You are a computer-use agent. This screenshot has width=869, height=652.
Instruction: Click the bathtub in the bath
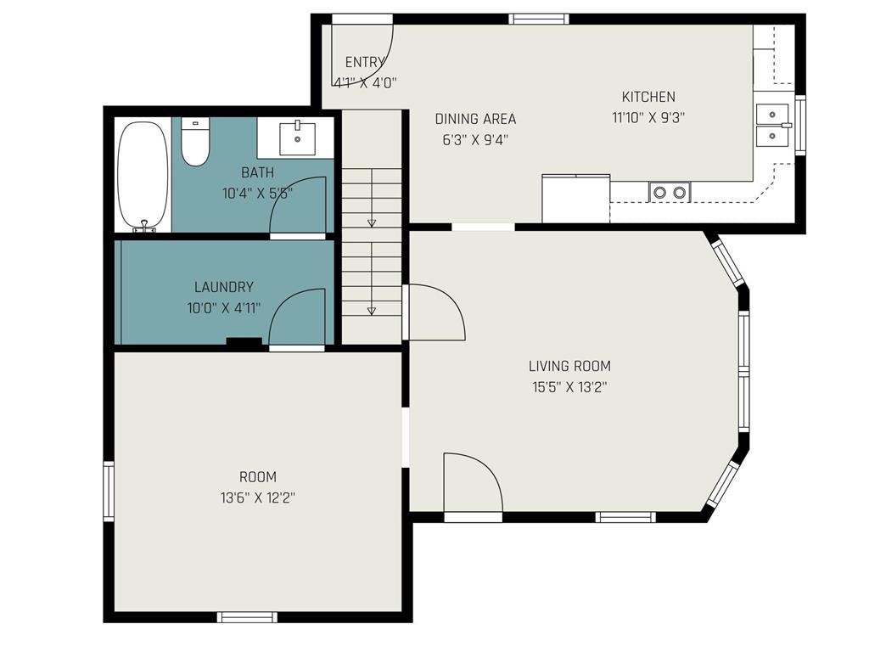143,176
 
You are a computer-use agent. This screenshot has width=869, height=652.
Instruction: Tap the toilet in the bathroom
195,143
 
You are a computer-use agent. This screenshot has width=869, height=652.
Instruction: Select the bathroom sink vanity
297,138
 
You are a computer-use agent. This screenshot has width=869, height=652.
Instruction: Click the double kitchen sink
773,124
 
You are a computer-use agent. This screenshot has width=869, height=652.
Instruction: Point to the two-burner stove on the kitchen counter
670,193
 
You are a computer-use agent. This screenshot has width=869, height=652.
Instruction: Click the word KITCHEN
648,97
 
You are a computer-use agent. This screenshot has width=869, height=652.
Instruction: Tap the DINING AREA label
475,119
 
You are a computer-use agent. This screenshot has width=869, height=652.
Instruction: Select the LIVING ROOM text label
569,367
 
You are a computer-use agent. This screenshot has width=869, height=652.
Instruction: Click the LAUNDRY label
223,287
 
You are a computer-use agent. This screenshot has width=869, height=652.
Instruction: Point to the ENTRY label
365,62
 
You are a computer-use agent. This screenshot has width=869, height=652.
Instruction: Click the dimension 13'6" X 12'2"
257,497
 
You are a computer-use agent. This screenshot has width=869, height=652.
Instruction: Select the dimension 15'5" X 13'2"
569,387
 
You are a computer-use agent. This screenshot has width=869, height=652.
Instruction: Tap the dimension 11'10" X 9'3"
648,118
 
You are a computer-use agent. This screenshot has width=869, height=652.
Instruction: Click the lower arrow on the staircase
371,311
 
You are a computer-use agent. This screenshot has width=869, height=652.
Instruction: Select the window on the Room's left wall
108,491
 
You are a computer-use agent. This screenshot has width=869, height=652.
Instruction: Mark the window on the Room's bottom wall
247,617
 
